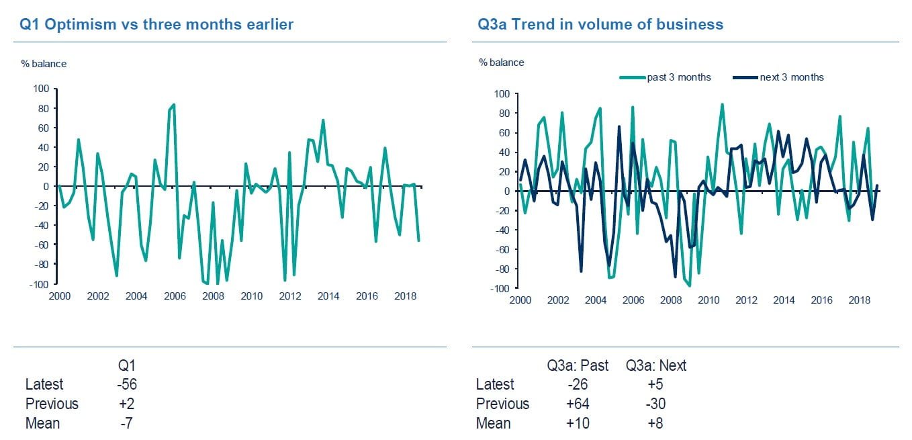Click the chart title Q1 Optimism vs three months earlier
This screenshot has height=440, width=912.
(x=156, y=25)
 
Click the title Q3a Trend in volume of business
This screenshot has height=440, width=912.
(x=600, y=25)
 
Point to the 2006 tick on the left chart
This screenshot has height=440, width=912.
(x=175, y=296)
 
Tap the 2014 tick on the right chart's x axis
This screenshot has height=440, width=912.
(x=784, y=301)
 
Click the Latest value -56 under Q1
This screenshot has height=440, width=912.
(x=126, y=384)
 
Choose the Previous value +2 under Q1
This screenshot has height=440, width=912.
(x=126, y=404)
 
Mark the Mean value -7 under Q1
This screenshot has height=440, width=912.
(x=126, y=423)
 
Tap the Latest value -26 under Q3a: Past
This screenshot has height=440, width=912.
(x=578, y=384)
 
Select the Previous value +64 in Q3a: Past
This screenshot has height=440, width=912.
(x=578, y=404)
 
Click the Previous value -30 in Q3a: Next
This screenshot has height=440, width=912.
(x=655, y=404)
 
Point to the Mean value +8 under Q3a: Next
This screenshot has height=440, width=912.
(x=655, y=423)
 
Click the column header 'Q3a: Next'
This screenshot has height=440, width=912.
(x=655, y=365)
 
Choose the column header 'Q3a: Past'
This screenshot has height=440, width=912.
(x=578, y=365)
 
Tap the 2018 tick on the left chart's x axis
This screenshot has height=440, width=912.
(x=405, y=296)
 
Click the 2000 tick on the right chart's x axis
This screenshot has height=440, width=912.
(x=520, y=301)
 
